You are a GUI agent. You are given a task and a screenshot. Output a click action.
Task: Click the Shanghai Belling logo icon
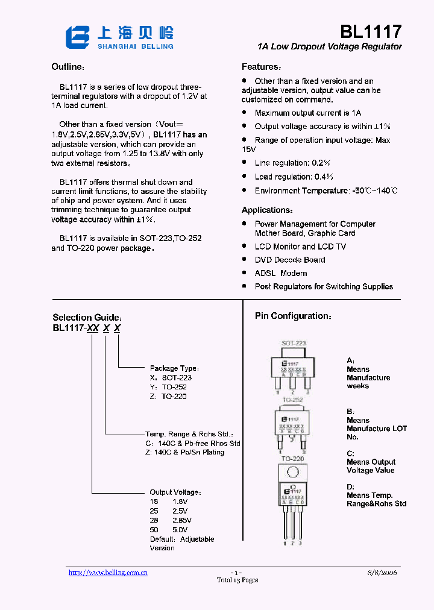click(x=78, y=37)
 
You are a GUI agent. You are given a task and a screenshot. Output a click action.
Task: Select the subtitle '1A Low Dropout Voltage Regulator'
click(x=329, y=46)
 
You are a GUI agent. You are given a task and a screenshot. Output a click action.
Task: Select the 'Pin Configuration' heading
click(x=293, y=316)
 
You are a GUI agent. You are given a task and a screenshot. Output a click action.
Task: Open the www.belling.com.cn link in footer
click(x=108, y=573)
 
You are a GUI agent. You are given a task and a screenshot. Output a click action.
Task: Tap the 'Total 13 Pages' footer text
click(x=237, y=580)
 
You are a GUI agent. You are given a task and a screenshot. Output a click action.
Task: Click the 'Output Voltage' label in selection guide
click(x=175, y=492)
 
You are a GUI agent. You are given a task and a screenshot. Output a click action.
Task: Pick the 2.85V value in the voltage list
click(x=182, y=520)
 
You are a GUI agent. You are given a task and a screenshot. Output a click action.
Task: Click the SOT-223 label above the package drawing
click(x=294, y=343)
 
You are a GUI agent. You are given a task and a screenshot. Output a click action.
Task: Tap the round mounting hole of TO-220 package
click(x=294, y=472)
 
